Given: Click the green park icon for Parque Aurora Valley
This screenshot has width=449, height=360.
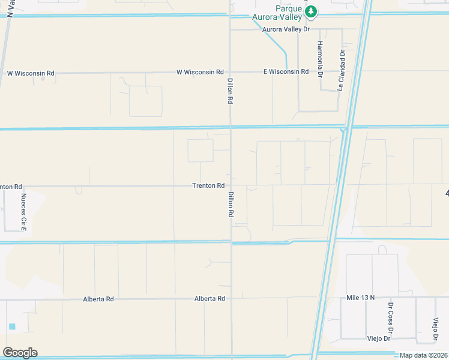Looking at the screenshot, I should point(310,11).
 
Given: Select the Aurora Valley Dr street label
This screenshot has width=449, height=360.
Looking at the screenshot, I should point(286,29).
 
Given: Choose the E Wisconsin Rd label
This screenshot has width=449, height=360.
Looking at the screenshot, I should point(286,71).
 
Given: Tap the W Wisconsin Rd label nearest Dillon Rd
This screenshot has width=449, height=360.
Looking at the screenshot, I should point(200,72).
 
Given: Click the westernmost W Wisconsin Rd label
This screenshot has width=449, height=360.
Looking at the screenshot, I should point(31,73).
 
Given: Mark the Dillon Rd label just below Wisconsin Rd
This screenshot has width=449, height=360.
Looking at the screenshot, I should point(230,92).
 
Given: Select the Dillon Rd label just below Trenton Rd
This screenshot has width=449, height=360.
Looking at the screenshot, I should point(231,204).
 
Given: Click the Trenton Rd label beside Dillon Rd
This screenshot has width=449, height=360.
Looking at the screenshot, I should point(208,185).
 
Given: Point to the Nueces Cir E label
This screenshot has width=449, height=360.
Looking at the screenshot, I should point(24,212).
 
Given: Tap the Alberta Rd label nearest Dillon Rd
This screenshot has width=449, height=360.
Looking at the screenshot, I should point(209,298).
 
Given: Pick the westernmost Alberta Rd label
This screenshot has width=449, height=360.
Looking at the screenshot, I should point(98,299).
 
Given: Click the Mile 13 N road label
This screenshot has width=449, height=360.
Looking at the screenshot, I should point(360,297).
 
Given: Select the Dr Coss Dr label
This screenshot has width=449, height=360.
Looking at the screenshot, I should point(390,322).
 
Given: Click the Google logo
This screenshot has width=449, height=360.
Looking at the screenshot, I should point(20,353).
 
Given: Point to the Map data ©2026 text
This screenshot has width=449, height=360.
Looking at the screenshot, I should point(424,355).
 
